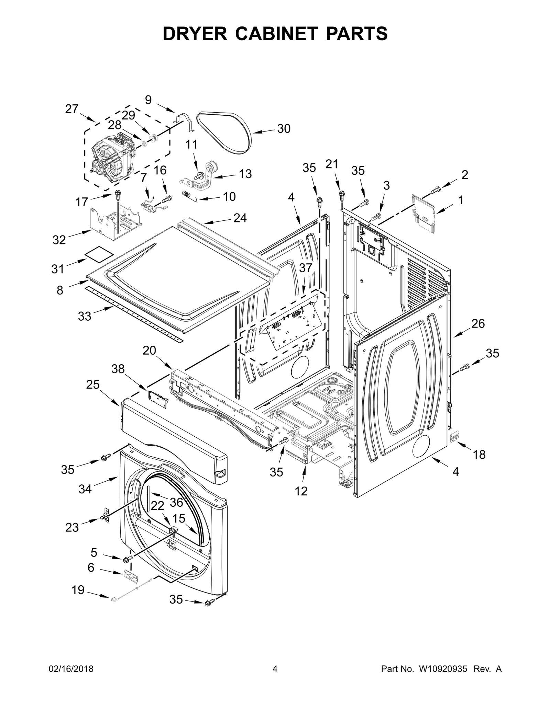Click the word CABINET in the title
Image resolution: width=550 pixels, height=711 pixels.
click(x=275, y=34)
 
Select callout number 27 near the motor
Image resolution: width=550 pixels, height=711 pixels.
click(x=72, y=109)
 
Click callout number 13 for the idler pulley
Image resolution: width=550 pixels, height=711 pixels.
click(x=245, y=174)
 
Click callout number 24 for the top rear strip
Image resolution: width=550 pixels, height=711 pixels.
click(x=240, y=218)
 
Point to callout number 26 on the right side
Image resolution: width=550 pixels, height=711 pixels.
click(x=478, y=324)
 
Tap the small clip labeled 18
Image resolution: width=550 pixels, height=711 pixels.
click(x=454, y=437)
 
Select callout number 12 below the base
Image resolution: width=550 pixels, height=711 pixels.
click(x=301, y=491)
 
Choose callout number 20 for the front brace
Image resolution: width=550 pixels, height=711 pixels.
click(x=150, y=351)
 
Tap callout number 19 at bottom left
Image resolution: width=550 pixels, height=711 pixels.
click(x=78, y=590)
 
